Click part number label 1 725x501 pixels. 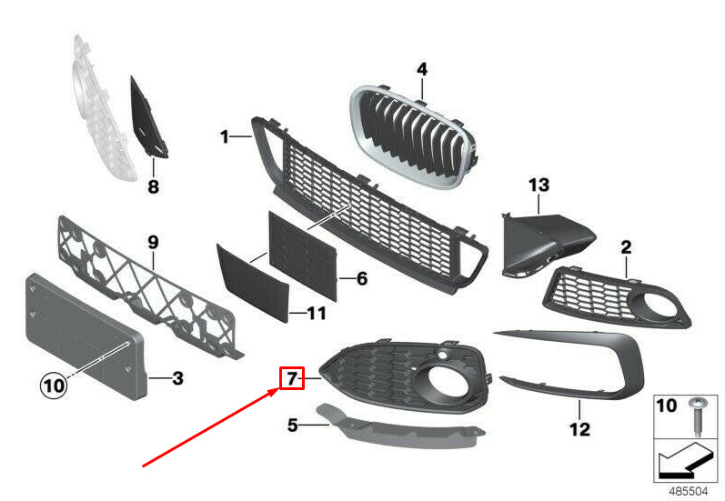(x=224, y=137)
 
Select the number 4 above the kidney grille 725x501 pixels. (x=422, y=69)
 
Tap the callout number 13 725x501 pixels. (x=539, y=185)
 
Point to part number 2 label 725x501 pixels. (x=626, y=246)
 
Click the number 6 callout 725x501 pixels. (x=361, y=278)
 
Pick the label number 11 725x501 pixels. (x=316, y=314)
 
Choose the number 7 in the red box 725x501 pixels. (x=292, y=376)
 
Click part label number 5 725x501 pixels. (x=293, y=424)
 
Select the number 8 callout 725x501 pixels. (x=153, y=187)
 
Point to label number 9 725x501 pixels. (x=153, y=243)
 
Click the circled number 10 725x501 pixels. (x=54, y=386)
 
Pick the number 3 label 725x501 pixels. (x=177, y=377)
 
